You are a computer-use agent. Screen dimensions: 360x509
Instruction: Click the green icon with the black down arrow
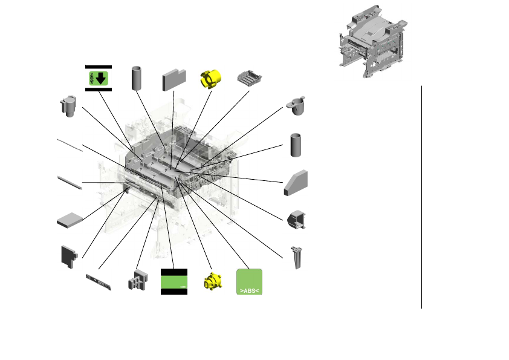[x=98, y=77]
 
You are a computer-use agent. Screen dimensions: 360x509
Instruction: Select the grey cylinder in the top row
[x=137, y=78]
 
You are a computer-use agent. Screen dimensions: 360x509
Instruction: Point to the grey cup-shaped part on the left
[x=68, y=106]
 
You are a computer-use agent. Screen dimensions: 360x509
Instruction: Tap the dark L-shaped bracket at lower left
[x=69, y=257]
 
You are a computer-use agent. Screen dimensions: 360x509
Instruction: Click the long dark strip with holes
[x=99, y=281]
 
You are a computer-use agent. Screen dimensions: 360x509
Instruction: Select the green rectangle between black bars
[x=173, y=281]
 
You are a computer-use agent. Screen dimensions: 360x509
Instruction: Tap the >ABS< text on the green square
[x=248, y=291]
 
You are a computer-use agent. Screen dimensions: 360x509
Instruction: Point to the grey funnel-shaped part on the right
[x=297, y=105]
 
